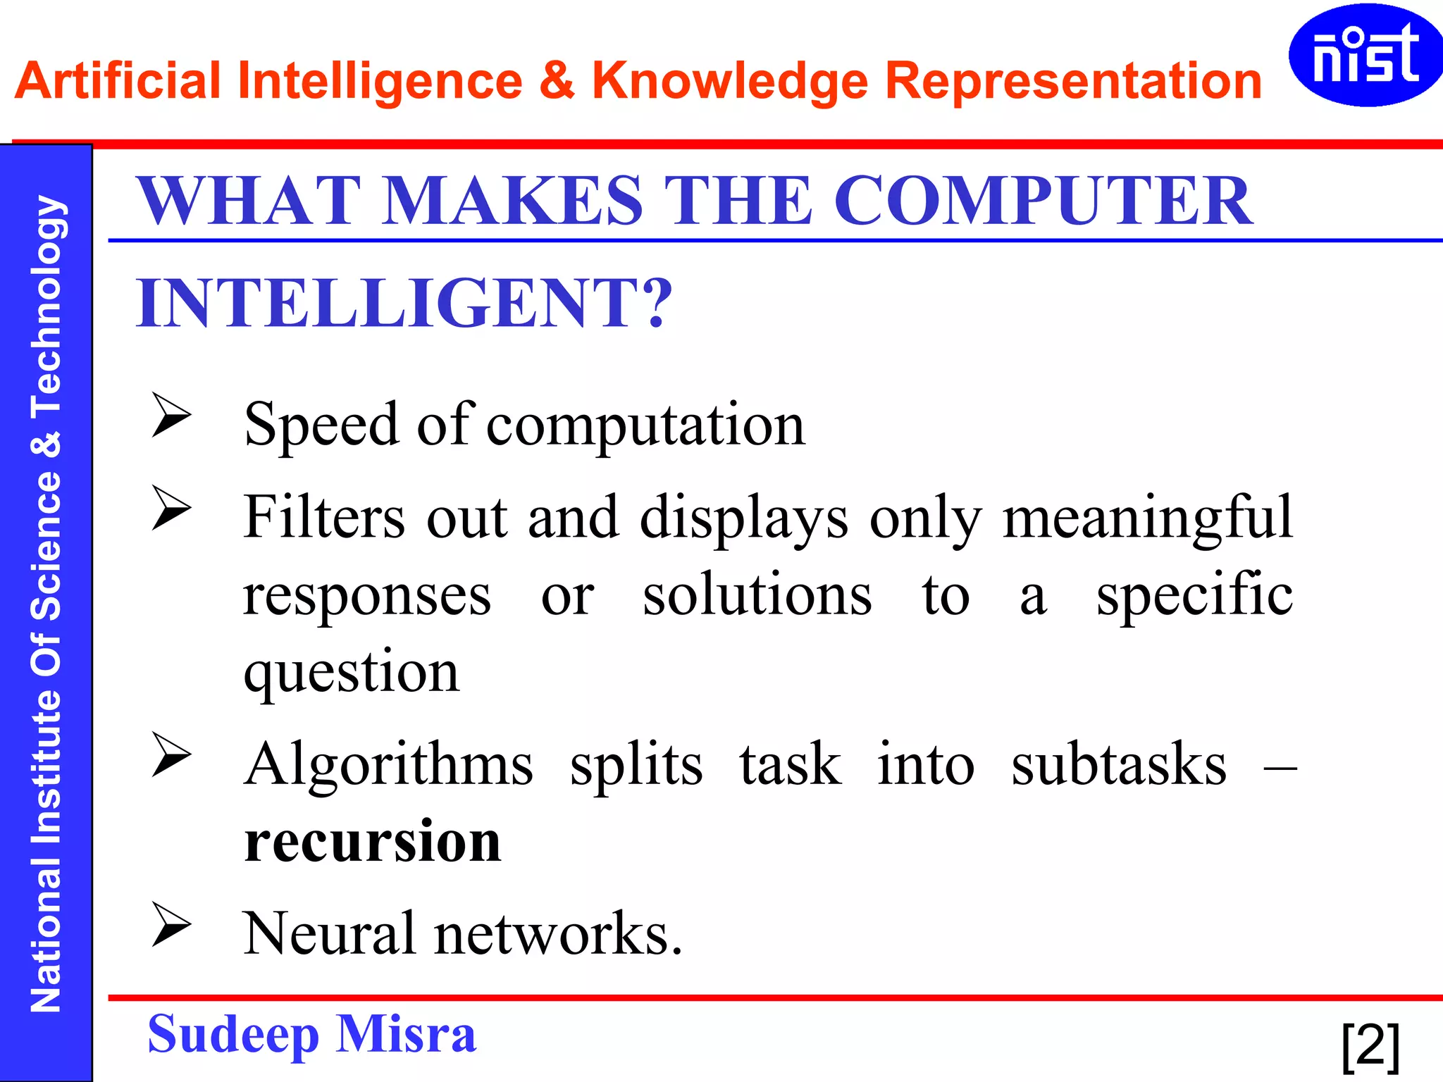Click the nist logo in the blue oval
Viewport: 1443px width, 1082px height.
1365,55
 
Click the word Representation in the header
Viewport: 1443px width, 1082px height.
1073,82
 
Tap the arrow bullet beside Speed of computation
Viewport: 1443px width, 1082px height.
171,415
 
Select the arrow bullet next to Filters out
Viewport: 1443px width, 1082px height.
171,508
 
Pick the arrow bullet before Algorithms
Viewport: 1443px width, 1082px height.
171,754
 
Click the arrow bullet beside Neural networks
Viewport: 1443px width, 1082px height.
171,924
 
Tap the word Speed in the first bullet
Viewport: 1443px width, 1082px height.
321,425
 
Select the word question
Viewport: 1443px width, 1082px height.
352,673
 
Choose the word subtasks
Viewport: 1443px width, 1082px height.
1118,765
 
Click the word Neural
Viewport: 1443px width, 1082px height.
329,934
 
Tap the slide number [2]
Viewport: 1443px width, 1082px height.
1370,1045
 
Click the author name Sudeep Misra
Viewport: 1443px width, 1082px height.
311,1034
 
